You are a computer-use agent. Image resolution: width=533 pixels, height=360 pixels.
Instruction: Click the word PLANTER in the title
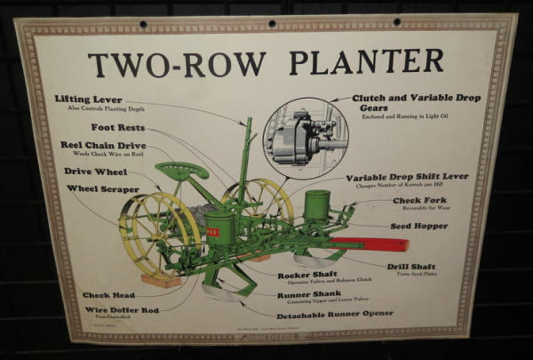tap(366, 61)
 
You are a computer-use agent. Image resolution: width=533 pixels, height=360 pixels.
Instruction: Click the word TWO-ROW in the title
tap(176, 63)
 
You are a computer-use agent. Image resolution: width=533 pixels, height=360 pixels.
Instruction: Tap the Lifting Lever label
tap(88, 99)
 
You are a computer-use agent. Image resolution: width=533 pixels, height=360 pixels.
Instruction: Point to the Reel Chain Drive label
tap(103, 145)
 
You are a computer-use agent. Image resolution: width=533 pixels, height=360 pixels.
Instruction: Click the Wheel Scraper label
tap(102, 189)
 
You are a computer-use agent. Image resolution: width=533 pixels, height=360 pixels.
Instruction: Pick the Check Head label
tap(109, 295)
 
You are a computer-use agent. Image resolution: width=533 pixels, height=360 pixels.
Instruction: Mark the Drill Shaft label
tap(411, 266)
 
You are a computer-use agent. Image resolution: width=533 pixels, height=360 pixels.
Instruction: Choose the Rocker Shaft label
tap(307, 276)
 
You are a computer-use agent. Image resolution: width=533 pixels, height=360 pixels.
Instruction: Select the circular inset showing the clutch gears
tap(306, 138)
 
